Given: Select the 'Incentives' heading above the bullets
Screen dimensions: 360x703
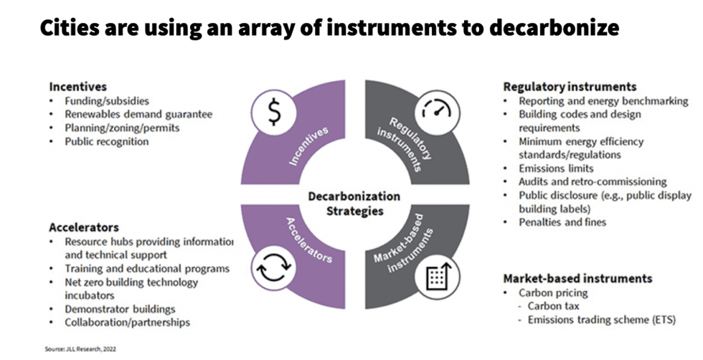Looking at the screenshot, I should [77, 87].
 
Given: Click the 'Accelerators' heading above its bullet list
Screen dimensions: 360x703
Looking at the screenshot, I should [83, 227].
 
